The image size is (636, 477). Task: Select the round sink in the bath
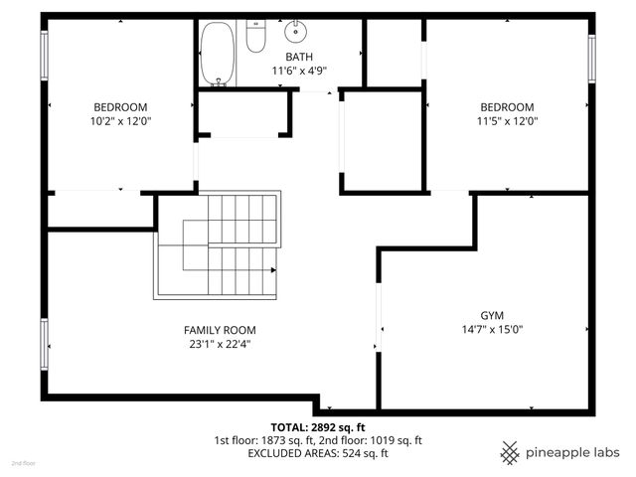pyautogui.click(x=296, y=35)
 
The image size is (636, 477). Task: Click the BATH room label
pyautogui.click(x=299, y=58)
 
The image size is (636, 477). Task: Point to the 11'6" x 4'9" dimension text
pyautogui.click(x=299, y=71)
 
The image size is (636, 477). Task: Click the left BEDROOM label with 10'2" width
pyautogui.click(x=121, y=107)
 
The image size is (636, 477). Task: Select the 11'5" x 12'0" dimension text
pyautogui.click(x=507, y=121)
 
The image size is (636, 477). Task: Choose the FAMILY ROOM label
pyautogui.click(x=220, y=330)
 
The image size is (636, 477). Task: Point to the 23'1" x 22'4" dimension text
pyautogui.click(x=220, y=344)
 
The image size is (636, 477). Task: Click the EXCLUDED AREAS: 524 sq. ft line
pyautogui.click(x=318, y=453)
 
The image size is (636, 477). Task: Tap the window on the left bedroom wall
pyautogui.click(x=44, y=58)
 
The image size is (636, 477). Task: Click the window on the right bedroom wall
pyautogui.click(x=592, y=59)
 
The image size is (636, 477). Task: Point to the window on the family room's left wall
pyautogui.click(x=44, y=344)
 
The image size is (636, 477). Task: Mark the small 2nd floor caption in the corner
pyautogui.click(x=21, y=463)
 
